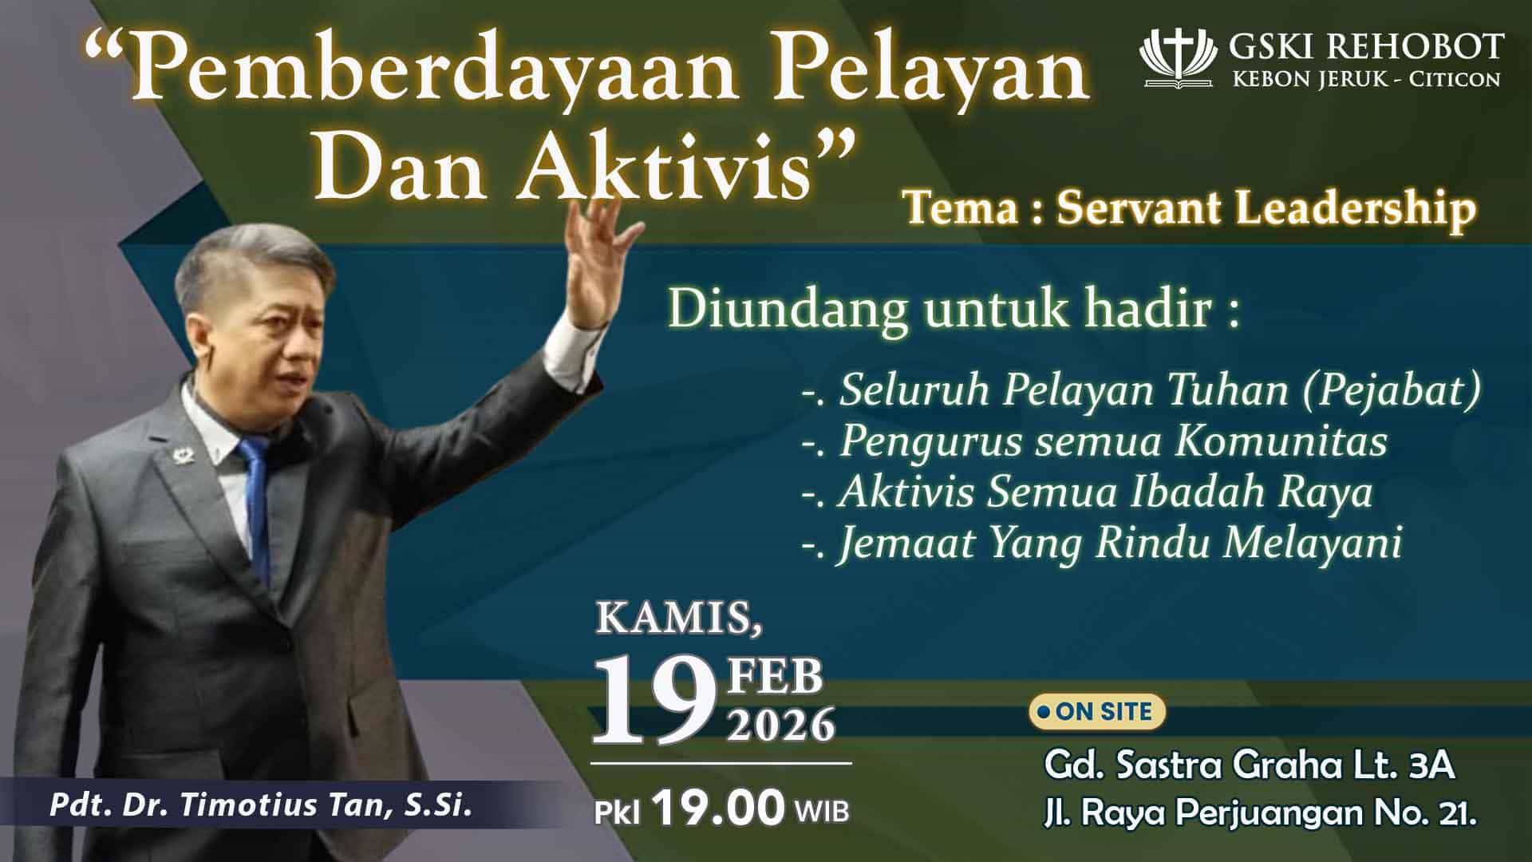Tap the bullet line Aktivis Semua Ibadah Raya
[1088, 492]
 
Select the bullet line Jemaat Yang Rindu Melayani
[1102, 544]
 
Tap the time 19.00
[720, 809]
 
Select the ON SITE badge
[1097, 712]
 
